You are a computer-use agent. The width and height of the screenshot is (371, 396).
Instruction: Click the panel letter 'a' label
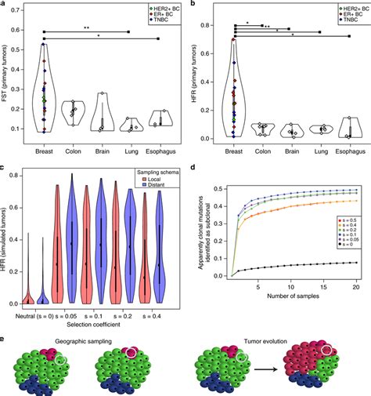pyautogui.click(x=5, y=5)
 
